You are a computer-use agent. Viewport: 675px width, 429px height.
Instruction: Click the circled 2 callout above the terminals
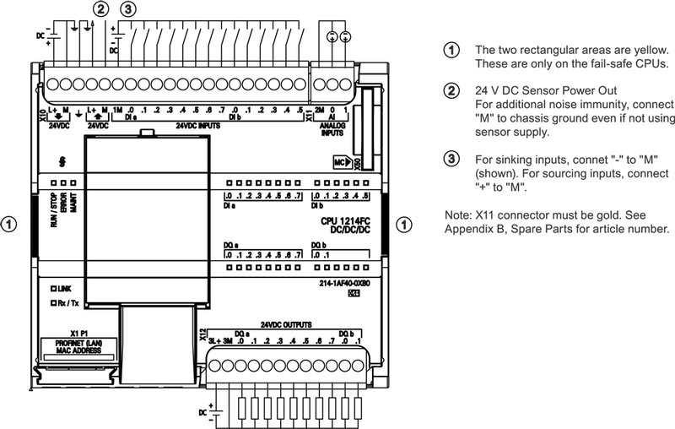[x=101, y=10]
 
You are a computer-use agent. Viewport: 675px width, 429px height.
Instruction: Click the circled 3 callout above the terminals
[x=127, y=10]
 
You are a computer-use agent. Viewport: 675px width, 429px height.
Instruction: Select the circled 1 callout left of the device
[x=9, y=225]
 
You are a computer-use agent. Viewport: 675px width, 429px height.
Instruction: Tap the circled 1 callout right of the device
[x=405, y=225]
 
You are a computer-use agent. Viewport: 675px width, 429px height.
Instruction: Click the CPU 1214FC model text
[x=345, y=221]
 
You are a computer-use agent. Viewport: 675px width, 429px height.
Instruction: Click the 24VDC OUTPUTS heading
[x=286, y=324]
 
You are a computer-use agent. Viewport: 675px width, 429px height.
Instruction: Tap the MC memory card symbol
[x=341, y=160]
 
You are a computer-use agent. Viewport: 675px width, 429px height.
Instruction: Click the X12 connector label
[x=202, y=334]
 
